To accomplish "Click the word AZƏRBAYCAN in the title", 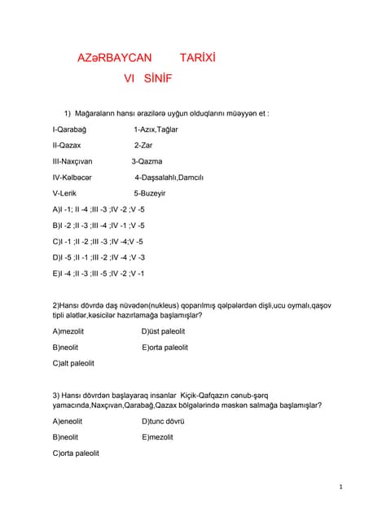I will tap(114, 59).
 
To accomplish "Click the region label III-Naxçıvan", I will tap(72, 161).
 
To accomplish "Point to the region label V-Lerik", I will tap(64, 194).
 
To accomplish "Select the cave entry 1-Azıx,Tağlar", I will tap(156, 129).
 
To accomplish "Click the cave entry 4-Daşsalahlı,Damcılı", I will tap(169, 177).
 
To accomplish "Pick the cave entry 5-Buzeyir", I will tap(150, 194).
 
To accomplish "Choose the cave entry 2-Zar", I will tap(143, 145).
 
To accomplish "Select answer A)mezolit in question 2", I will tap(68, 331).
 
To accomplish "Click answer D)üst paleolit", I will tap(163, 331).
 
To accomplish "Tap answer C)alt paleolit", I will tap(73, 363).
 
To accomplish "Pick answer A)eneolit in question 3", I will tap(68, 421).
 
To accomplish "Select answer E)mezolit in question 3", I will tap(157, 437).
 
